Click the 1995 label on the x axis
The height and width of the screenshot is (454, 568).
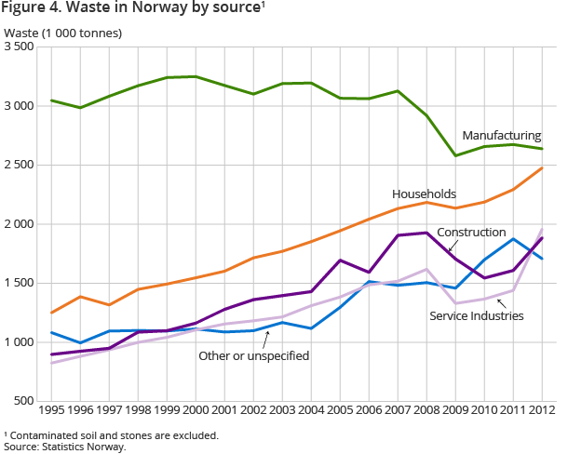51,409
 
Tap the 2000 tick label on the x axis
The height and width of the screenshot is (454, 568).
195,409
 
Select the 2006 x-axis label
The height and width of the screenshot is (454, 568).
368,409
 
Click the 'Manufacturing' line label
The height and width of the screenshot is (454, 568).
501,136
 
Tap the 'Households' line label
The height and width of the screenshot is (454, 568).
424,194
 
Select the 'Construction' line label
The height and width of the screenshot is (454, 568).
471,232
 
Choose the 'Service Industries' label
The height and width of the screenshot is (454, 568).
477,316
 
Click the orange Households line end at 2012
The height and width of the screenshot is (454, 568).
542,168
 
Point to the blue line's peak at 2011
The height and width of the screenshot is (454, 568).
513,239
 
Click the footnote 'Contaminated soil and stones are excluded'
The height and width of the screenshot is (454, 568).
112,434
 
